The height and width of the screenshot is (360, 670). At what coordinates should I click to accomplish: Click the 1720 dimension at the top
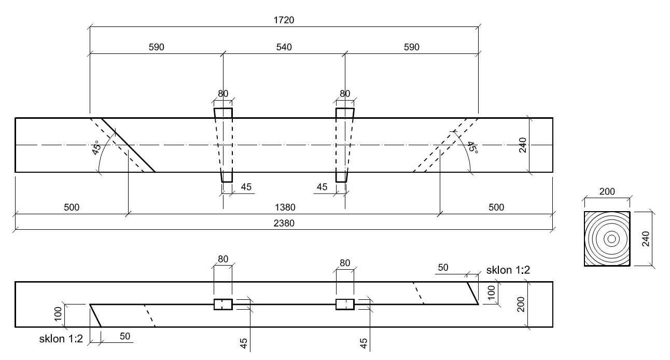[284, 20]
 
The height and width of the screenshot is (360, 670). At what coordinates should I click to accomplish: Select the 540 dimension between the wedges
[284, 47]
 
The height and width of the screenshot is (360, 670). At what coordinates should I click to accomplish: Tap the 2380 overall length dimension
[284, 224]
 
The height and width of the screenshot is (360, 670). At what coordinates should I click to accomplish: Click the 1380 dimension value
[284, 207]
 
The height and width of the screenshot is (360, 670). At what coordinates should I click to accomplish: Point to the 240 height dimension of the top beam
[522, 145]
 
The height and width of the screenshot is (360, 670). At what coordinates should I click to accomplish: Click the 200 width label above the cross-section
[607, 192]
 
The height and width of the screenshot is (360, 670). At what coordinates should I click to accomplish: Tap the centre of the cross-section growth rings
[611, 239]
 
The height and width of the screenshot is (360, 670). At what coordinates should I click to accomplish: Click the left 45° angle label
[96, 149]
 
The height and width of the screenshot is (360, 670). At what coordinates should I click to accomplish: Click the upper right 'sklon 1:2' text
[508, 270]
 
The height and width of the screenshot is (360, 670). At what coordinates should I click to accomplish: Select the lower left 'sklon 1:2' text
[60, 339]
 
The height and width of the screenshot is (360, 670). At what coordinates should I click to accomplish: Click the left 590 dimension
[156, 47]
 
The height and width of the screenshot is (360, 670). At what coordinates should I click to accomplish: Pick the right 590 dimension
[412, 47]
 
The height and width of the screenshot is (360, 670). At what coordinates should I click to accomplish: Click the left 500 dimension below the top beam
[72, 207]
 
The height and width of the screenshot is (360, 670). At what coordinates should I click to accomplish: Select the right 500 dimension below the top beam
[496, 207]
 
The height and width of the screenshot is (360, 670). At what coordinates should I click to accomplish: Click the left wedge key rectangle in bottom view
[223, 304]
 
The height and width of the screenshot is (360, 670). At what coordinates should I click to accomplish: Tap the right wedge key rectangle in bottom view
[345, 304]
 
